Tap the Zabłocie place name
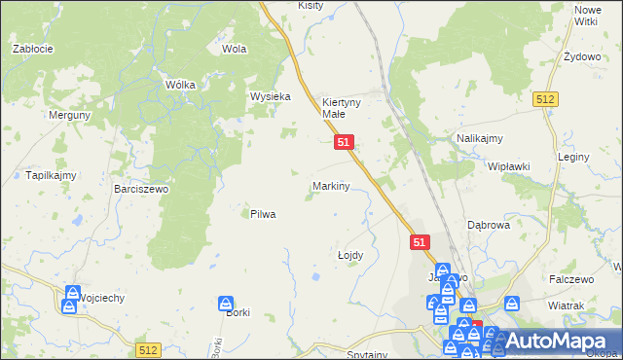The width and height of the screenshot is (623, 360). tap(31, 48)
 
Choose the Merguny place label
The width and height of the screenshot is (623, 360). tap(71, 114)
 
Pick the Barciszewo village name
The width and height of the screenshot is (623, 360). tap(141, 189)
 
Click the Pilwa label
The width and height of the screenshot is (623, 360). tap(263, 214)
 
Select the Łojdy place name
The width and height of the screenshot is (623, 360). tap(350, 255)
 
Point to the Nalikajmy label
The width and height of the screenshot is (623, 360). tap(479, 139)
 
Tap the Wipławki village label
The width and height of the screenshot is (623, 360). tap(509, 166)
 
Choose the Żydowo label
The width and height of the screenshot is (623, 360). tap(582, 56)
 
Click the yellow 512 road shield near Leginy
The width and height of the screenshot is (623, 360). tap(545, 99)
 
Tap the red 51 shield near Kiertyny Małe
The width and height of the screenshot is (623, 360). tap(345, 142)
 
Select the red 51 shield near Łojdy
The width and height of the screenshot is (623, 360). tap(420, 241)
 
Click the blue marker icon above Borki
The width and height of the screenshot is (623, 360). tap(225, 304)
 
